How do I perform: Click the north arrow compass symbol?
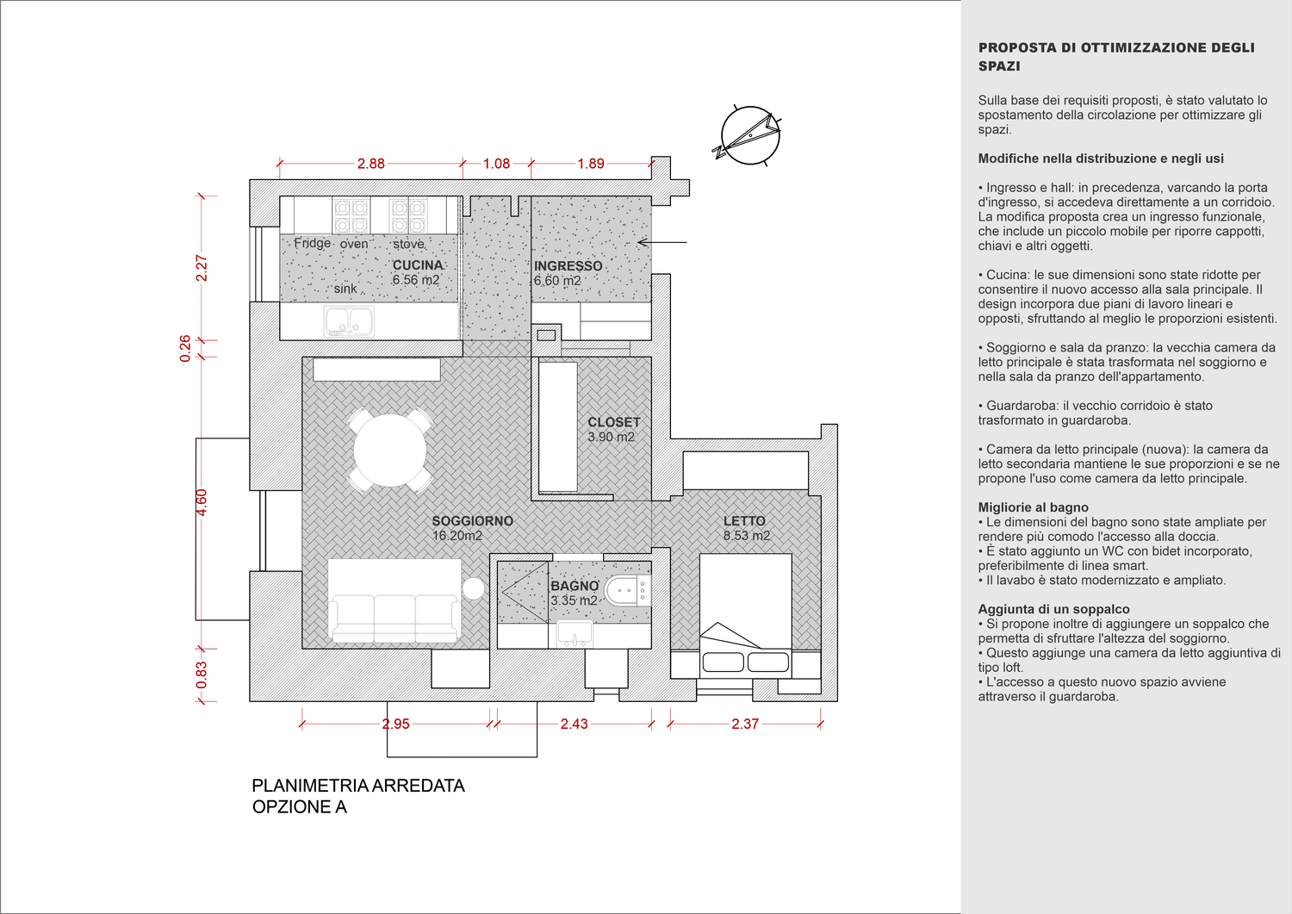(749, 135)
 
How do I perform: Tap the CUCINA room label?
(418, 265)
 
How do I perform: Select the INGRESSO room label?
(568, 266)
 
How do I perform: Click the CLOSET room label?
(613, 422)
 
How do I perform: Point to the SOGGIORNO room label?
(472, 521)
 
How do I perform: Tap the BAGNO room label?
(575, 586)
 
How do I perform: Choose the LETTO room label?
(744, 521)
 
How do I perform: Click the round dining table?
(390, 450)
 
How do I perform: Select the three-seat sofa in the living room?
(394, 601)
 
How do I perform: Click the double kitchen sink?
(350, 322)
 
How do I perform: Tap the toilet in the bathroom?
(625, 591)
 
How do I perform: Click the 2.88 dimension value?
(371, 164)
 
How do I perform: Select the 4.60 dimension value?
(202, 502)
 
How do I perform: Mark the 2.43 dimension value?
(574, 724)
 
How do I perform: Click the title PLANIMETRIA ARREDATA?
(358, 786)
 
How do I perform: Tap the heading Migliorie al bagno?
(1033, 507)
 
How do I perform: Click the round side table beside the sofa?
(474, 588)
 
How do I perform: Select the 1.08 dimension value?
(496, 164)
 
